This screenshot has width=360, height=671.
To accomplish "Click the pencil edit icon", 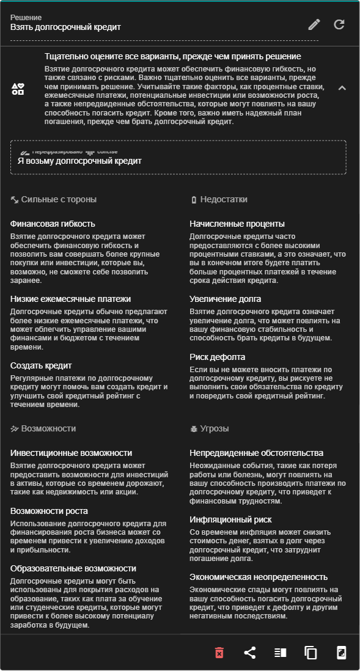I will pos(314,24).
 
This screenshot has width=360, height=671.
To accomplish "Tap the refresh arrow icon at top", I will pos(339,24).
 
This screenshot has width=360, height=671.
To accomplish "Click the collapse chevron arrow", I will pos(342,88).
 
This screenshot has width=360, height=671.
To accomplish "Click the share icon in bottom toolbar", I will pos(249,653).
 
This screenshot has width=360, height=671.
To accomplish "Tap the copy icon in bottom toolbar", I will pos(310,653).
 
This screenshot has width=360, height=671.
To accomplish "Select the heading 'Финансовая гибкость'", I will pos(53,224).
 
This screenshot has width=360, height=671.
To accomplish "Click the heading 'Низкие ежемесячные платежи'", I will pos(70,299).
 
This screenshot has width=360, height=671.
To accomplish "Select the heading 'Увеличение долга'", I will pos(225,299).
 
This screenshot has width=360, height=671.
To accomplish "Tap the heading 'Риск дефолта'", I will pos(217,357).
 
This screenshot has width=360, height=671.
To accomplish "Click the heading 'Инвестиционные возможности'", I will pos(71,453).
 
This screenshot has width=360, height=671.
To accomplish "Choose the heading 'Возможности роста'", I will pos(49,511).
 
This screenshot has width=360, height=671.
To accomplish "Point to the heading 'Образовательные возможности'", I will pos(73,568).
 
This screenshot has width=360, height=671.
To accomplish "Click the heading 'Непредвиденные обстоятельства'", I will pos(256,453).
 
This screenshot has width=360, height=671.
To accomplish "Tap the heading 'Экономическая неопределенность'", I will pos(259,577).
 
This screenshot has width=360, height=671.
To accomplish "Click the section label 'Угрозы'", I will pos(214,429).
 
